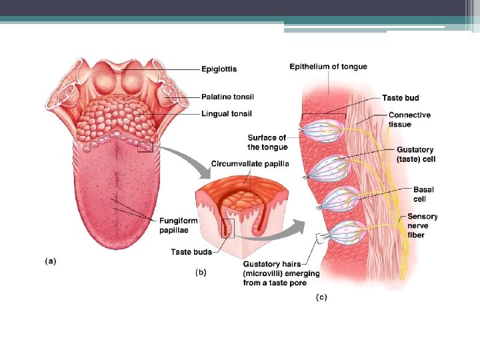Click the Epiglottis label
[219, 69]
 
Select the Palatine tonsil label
[227, 97]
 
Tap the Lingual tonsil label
[227, 114]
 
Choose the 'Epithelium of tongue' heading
[328, 67]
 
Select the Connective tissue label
[409, 119]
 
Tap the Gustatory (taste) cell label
[415, 155]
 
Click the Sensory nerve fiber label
[422, 225]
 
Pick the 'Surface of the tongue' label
[267, 143]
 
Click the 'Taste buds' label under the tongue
[191, 252]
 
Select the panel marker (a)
[51, 261]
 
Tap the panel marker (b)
[200, 272]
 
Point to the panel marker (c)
[321, 297]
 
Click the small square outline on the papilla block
[229, 228]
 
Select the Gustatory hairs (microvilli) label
[281, 273]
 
